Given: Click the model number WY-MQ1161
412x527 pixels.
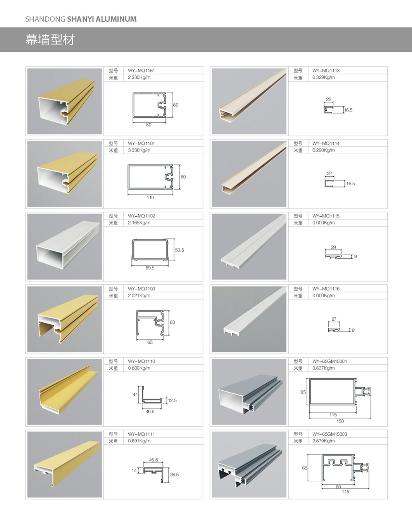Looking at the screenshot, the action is [x=141, y=71].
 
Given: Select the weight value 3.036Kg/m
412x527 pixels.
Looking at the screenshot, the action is [x=139, y=150].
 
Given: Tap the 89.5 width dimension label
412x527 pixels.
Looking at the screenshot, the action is [x=150, y=268].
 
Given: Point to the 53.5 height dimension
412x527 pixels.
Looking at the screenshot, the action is [x=179, y=250].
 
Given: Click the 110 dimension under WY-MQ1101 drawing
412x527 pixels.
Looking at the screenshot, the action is [x=150, y=197].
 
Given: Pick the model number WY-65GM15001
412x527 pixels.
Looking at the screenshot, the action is [x=329, y=361].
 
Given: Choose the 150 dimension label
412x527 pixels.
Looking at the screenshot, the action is [x=340, y=421].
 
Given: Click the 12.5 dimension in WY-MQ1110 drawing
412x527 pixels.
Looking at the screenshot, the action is [x=172, y=400].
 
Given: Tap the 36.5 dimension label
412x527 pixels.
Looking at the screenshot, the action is [x=174, y=474].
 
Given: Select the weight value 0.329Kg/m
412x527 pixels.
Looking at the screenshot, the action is [x=324, y=77].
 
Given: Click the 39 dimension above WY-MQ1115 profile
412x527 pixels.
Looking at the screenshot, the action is [x=333, y=247].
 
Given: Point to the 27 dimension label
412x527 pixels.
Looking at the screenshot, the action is [x=334, y=319].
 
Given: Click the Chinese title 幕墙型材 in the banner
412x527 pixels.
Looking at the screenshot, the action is [x=50, y=40].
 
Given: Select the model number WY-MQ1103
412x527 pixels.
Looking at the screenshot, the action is [x=141, y=289].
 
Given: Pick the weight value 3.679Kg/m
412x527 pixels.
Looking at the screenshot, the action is [x=324, y=441].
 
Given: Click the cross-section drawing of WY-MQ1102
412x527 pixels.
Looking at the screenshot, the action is [x=150, y=250].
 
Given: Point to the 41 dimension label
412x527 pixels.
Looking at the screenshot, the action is [x=135, y=394].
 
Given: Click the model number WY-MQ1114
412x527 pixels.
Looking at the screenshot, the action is [x=326, y=143].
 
